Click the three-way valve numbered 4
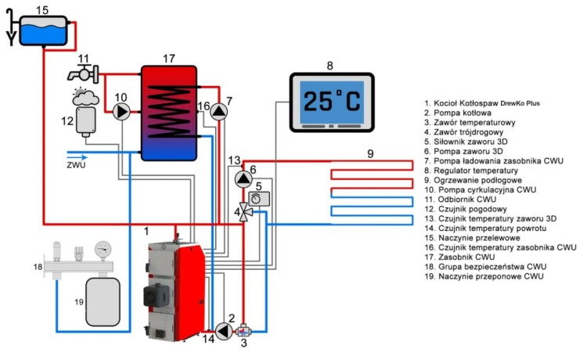pos(244,211)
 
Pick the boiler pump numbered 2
pos(224,331)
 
